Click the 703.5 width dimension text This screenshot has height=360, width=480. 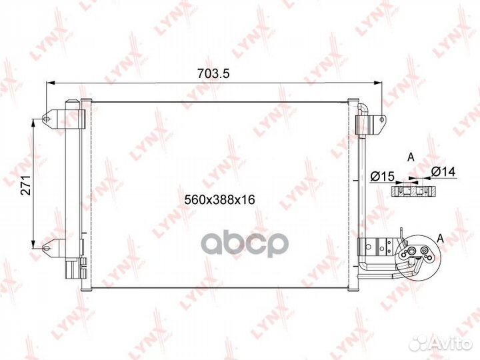point(213,73)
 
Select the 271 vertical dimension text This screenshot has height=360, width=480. point(26,185)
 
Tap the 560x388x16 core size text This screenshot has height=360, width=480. point(219,200)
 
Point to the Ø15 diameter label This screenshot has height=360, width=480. point(382,176)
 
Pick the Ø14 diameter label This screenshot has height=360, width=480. point(443,171)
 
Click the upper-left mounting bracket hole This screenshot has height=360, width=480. point(46,119)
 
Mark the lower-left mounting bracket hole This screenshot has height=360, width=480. point(46,247)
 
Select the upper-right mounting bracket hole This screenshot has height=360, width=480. point(381,120)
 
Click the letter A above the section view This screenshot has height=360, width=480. point(411,157)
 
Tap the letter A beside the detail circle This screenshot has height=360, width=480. point(440,238)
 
